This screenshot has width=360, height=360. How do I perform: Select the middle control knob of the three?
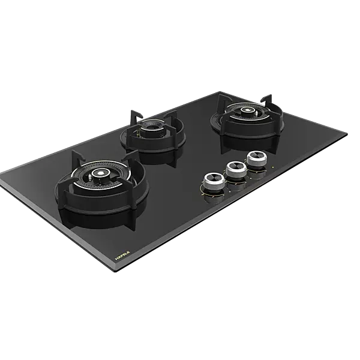pyautogui.click(x=234, y=169)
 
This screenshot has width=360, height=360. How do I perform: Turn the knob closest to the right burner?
pyautogui.click(x=256, y=158)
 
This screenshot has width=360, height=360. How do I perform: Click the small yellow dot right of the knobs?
pyautogui.click(x=274, y=167)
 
